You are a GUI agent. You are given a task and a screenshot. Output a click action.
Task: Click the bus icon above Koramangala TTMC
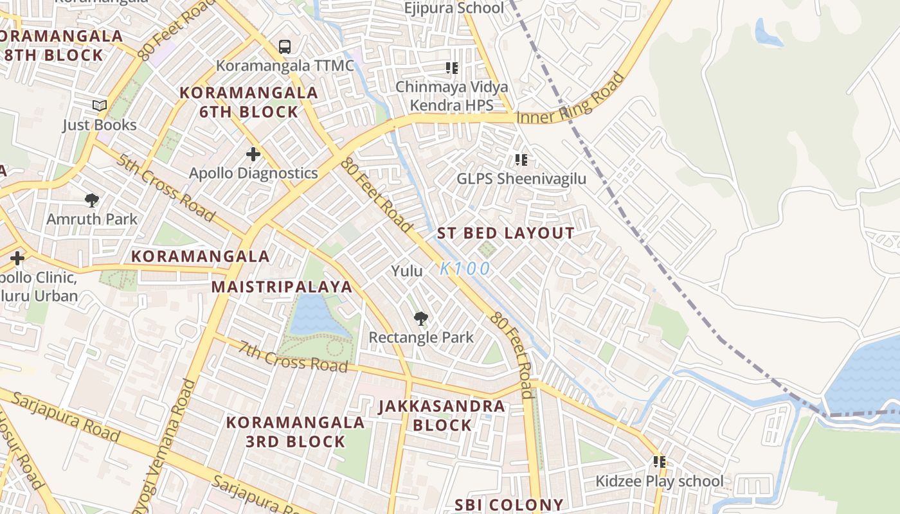coord(285,46)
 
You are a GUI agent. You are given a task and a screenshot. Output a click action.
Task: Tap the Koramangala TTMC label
coord(285,66)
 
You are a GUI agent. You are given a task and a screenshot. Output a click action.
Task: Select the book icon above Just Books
coord(100,105)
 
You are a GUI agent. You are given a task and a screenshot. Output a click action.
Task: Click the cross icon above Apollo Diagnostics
coord(253,154)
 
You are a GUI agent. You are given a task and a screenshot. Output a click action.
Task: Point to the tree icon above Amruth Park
coord(92,200)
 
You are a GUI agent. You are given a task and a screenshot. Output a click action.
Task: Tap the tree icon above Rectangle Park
coord(421,318)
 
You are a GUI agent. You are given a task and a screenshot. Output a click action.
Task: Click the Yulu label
coord(407,271)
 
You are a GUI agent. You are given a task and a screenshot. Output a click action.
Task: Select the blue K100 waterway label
coord(465,269)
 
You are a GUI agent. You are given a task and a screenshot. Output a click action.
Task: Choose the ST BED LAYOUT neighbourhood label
coord(506,233)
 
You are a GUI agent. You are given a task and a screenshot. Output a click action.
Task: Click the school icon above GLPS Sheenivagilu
coord(521,159)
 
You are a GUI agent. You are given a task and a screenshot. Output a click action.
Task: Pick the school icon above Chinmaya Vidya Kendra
coord(451,67)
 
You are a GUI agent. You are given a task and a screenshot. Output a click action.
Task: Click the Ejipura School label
coord(454,8)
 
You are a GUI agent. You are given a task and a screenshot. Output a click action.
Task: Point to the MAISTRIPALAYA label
coord(282,287)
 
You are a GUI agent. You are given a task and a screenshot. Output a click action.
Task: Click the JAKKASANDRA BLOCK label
coord(442,416)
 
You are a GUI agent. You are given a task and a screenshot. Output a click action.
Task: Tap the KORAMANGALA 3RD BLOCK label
coord(296,432)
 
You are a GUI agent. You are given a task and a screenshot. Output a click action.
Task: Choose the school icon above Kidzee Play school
coord(659,461)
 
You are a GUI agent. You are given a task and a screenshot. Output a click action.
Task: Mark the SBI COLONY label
coord(509,505)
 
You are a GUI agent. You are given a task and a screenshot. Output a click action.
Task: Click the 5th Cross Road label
coord(165,187)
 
